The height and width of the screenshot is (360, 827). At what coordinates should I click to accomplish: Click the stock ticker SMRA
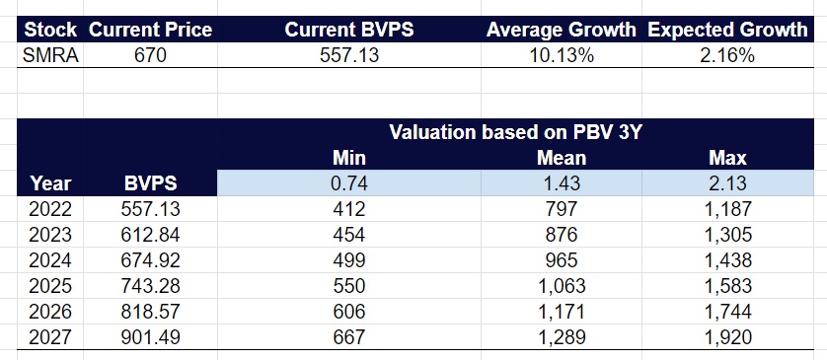pos(49,56)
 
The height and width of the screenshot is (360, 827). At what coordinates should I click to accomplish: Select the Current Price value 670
pos(150,56)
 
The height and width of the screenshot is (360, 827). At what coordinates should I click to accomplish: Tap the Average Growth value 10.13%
pos(560,56)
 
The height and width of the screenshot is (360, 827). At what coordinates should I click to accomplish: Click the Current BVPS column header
pos(348,31)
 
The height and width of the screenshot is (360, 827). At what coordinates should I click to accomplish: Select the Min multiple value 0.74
pos(348,183)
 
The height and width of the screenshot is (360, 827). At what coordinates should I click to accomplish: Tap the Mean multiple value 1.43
pos(561,183)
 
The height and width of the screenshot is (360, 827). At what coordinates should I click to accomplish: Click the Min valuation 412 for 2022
pos(348,209)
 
